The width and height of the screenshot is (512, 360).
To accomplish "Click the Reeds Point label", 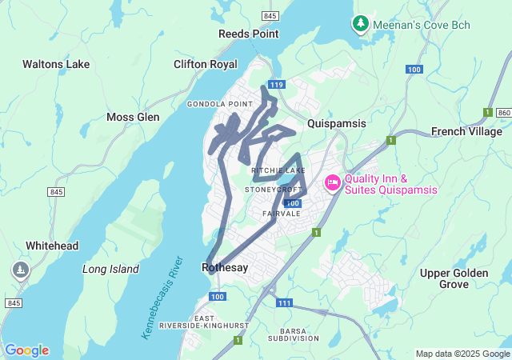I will pyautogui.click(x=249, y=34).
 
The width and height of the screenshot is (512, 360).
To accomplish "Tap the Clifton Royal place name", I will pyautogui.click(x=206, y=64).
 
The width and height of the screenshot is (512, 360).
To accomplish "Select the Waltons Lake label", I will pyautogui.click(x=56, y=64).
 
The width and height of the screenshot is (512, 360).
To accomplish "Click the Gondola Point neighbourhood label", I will pyautogui.click(x=220, y=104).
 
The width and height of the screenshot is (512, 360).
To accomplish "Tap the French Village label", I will pyautogui.click(x=466, y=131).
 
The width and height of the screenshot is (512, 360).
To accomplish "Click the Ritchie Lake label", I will pyautogui.click(x=278, y=170).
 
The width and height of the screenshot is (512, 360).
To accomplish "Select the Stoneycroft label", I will pyautogui.click(x=276, y=190).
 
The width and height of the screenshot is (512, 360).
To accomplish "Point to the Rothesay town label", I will pyautogui.click(x=226, y=267).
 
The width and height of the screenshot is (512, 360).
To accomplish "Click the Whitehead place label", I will pyautogui.click(x=52, y=246).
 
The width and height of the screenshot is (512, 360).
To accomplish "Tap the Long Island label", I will pyautogui.click(x=110, y=269).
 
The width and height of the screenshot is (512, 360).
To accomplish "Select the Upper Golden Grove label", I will pyautogui.click(x=454, y=278).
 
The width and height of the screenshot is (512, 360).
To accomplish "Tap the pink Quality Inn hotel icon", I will pyautogui.click(x=332, y=184).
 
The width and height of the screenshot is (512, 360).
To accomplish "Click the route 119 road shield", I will pyautogui.click(x=277, y=84).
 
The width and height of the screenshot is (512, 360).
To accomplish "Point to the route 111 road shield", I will pyautogui.click(x=285, y=303).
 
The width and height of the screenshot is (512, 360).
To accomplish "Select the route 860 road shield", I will pyautogui.click(x=503, y=113).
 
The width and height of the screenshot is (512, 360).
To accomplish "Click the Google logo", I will pyautogui.click(x=26, y=350).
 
